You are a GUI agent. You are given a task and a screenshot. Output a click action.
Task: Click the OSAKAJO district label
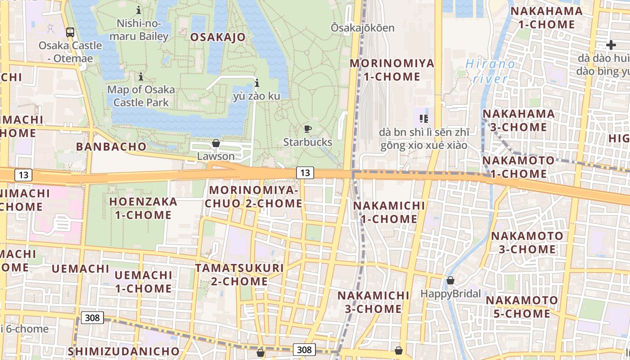tap(218, 37)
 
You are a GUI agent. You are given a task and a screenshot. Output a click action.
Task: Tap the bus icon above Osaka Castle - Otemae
tap(70, 32)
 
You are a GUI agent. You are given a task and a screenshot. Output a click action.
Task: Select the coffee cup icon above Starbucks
tap(308, 129)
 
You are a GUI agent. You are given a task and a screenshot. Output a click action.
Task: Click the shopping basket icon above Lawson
tap(216, 143)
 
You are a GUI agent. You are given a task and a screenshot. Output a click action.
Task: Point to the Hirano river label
tap(490, 71)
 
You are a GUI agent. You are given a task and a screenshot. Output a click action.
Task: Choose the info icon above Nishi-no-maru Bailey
tap(139, 9)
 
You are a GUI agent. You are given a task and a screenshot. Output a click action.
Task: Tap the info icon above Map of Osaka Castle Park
tap(141, 76)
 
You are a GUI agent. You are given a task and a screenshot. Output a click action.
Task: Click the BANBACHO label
tap(111, 146)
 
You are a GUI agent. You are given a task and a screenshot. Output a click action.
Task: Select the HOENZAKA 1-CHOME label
tap(143, 208)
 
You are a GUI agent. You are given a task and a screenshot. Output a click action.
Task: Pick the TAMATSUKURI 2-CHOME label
tap(239, 274)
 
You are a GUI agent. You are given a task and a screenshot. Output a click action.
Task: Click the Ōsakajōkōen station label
tap(363, 28)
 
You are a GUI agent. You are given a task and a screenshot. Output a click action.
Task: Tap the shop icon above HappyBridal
tap(450, 280)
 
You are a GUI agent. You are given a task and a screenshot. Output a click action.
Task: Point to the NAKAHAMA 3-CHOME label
tap(518, 120)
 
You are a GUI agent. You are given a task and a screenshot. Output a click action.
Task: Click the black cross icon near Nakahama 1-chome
tap(611, 45)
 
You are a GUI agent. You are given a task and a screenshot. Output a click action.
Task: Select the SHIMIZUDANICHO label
tap(124, 351)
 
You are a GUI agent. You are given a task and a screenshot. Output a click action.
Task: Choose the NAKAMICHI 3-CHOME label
tap(373, 302)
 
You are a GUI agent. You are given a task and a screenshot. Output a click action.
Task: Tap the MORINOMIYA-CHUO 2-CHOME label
tap(254, 197)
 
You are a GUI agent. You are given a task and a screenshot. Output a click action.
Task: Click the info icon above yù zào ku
tap(257, 83)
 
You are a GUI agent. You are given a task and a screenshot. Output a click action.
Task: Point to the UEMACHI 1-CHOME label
tap(143, 281)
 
